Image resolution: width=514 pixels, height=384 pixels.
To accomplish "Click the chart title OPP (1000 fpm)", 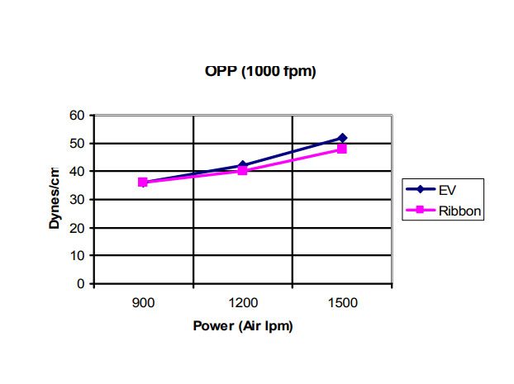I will [x=260, y=72].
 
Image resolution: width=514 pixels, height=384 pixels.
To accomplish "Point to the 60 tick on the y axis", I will [x=79, y=115].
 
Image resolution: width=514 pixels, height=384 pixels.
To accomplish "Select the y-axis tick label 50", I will [x=79, y=143].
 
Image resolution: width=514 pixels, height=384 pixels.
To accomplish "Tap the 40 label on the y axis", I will [x=79, y=171].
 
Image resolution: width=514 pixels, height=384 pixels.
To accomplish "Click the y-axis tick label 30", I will [x=79, y=199].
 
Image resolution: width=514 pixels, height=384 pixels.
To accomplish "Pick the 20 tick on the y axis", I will [x=79, y=227].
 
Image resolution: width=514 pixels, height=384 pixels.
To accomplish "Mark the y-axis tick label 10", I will [x=79, y=255].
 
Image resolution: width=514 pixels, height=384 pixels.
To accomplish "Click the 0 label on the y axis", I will [x=82, y=283].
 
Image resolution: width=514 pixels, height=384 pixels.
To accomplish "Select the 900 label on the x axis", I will [x=143, y=302].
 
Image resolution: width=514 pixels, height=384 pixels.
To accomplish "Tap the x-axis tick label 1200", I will [x=242, y=302].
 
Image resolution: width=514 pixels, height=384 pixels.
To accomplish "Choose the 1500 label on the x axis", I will [x=342, y=302].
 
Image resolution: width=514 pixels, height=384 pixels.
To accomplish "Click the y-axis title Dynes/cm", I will [x=55, y=199].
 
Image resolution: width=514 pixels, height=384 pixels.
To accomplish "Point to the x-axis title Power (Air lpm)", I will [x=242, y=325].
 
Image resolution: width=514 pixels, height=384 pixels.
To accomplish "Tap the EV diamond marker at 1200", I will [x=242, y=166].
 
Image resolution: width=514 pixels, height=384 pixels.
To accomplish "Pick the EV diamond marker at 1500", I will [x=342, y=138].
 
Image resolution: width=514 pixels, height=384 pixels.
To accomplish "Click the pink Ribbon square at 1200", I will [x=242, y=171].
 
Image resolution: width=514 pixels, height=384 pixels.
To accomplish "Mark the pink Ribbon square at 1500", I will [x=342, y=149].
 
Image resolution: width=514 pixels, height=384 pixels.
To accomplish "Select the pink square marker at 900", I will [x=143, y=182].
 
